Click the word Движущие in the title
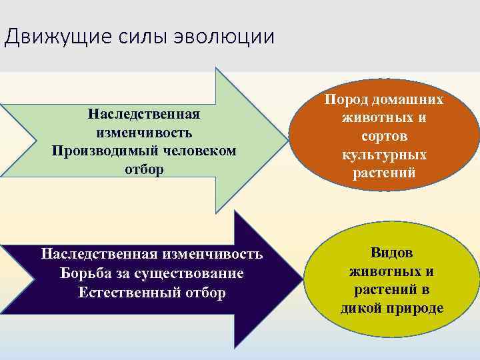click(x=47, y=36)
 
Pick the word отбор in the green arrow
click(x=144, y=169)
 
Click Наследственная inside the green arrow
click(x=144, y=113)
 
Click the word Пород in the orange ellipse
click(x=347, y=99)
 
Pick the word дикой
click(x=361, y=309)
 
